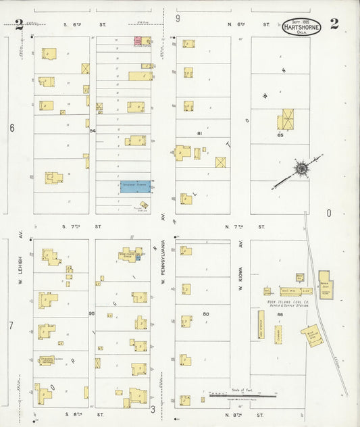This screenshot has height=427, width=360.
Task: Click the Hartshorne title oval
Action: [x=301, y=27]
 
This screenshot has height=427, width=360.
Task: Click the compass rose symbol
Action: [x=300, y=167]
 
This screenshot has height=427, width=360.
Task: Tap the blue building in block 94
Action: [x=135, y=185]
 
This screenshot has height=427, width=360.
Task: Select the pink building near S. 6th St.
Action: [x=138, y=41]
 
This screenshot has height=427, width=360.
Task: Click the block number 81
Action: [x=199, y=134]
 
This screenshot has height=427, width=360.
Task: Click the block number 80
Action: [x=205, y=314]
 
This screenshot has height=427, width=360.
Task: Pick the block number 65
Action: [x=279, y=136]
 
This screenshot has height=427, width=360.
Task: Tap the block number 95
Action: [x=92, y=314]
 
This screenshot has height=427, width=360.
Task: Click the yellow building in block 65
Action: [x=287, y=120]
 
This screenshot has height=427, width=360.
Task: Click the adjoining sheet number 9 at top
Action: [x=178, y=18]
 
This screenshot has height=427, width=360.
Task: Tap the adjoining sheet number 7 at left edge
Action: [x=11, y=326]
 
